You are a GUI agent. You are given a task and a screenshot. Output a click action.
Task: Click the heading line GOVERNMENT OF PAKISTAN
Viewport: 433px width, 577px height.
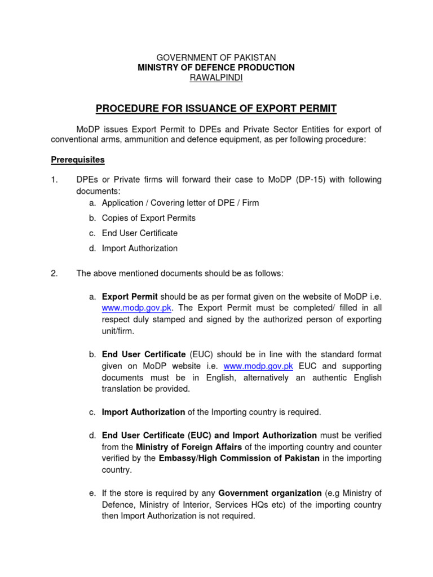coord(216,57)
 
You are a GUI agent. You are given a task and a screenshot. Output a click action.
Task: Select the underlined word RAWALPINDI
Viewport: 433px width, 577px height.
coord(216,78)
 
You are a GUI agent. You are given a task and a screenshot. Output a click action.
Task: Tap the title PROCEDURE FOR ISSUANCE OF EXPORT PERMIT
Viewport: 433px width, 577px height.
coord(216,108)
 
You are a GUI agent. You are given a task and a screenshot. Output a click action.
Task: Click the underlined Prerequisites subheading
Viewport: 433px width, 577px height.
coord(78,160)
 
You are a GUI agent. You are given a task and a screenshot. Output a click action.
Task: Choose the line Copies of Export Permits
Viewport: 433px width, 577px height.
coord(148,218)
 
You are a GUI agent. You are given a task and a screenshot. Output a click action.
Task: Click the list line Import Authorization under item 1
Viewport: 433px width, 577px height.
coord(140,248)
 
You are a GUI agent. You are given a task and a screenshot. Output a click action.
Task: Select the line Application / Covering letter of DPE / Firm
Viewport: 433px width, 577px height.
coord(180,203)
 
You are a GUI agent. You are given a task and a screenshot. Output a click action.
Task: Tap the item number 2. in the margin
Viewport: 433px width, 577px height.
coord(54,274)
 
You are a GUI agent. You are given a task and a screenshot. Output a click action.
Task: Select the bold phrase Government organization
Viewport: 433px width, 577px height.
coord(267,493)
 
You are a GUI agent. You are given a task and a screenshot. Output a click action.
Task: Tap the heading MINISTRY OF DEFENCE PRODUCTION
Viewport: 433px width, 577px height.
coord(216,68)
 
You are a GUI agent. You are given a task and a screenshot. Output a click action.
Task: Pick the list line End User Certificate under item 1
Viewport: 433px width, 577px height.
coord(140,233)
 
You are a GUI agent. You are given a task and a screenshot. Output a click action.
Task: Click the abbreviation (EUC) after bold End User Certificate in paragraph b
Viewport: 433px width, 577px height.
coord(200,354)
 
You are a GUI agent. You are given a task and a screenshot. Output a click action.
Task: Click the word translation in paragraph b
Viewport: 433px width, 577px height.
coord(122,389)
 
